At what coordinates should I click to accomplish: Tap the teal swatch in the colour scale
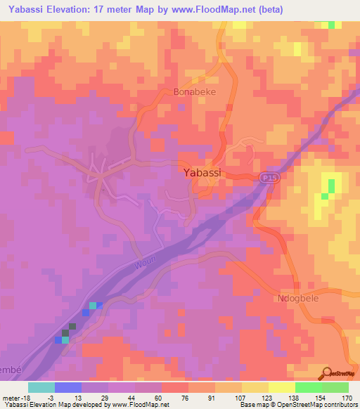tap(41, 387)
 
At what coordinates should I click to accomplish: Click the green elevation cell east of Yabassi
tap(329, 186)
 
